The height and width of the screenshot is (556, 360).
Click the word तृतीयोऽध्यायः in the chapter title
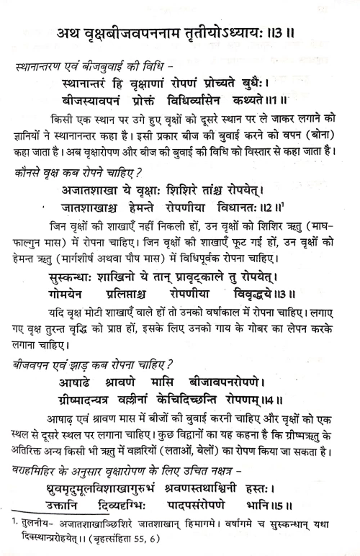(x=241, y=34)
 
